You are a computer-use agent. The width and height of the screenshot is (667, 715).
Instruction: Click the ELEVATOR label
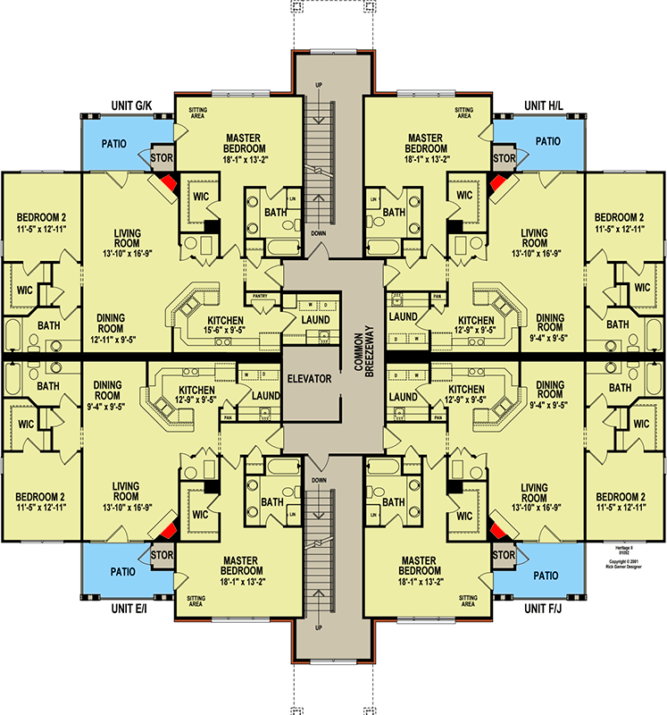tap(309, 379)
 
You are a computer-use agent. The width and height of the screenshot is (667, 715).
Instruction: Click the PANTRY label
tap(261, 295)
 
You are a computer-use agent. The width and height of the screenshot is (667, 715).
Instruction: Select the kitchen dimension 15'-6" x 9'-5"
tap(225, 332)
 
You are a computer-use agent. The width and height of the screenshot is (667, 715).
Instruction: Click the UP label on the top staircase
tap(319, 86)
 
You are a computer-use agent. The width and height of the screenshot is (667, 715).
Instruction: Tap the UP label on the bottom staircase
tap(319, 627)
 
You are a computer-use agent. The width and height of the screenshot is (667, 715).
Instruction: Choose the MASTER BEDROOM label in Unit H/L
tap(425, 143)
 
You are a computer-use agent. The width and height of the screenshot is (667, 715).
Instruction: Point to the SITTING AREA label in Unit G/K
tap(197, 113)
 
